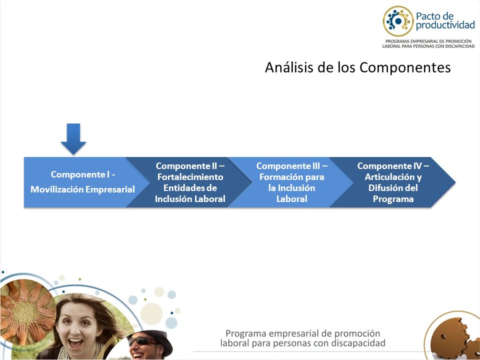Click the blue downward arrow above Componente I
point(73,138)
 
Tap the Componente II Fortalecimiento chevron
point(190,182)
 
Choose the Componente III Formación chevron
point(291,182)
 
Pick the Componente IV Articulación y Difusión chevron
point(393,182)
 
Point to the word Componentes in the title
point(405,68)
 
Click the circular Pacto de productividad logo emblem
point(398,21)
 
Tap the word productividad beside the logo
point(445,25)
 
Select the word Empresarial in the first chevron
point(110,189)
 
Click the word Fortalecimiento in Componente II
point(190,177)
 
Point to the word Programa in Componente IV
point(393,199)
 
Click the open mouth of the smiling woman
point(75,342)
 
